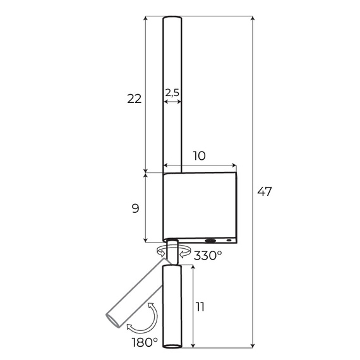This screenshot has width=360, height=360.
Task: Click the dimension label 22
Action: (x=134, y=99)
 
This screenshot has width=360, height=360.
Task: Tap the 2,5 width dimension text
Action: (x=172, y=92)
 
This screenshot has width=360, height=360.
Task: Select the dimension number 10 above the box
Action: (x=200, y=156)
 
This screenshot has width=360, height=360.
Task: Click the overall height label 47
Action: (x=265, y=192)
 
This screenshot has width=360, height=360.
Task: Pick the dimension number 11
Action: (x=200, y=308)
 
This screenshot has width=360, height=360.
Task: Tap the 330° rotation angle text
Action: (x=208, y=256)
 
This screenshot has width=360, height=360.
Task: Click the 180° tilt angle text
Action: (x=145, y=342)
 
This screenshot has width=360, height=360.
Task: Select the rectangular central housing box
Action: (x=200, y=205)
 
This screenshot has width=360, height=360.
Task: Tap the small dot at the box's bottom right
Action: (x=229, y=240)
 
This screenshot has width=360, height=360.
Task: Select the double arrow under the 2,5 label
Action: (x=172, y=100)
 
